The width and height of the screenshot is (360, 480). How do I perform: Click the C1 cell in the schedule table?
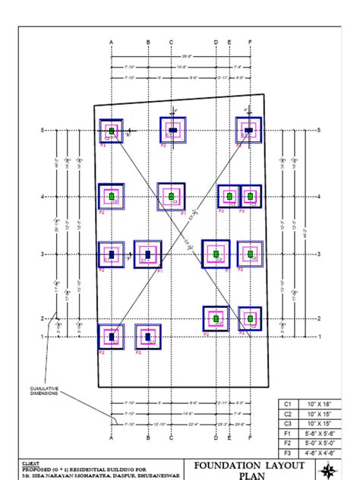[288, 404]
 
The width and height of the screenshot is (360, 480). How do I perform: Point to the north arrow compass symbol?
[328, 470]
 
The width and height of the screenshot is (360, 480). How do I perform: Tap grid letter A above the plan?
[111, 41]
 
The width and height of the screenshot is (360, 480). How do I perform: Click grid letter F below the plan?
[250, 439]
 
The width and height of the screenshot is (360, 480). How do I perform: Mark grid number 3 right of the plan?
[319, 254]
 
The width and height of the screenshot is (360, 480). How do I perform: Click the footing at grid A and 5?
[111, 131]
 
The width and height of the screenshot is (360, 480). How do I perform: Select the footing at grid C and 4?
[171, 197]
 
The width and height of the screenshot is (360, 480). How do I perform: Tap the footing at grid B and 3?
[147, 254]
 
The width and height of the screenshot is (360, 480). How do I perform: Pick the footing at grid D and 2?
[216, 318]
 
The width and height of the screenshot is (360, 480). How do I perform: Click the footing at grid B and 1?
[147, 336]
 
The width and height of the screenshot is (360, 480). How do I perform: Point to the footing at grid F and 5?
[248, 131]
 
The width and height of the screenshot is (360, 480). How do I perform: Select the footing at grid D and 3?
[216, 254]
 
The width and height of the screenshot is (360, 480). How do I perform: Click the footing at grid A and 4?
[111, 197]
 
